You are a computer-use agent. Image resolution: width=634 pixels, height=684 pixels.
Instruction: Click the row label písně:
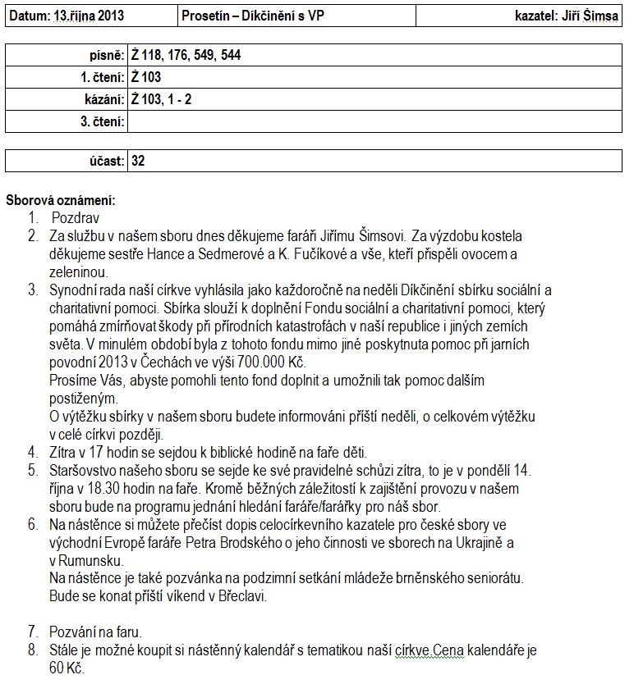point(106,56)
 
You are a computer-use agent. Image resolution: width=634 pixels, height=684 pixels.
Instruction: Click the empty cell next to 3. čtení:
point(374,122)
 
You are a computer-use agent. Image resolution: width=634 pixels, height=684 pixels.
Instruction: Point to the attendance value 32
point(138,161)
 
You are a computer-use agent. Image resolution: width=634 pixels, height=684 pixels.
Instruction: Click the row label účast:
point(107,161)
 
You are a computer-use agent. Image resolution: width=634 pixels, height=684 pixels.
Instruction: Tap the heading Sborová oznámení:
point(61,200)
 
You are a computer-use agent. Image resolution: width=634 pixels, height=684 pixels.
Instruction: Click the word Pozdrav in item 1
point(76,218)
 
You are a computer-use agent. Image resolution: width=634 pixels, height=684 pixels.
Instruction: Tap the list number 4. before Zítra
point(32,452)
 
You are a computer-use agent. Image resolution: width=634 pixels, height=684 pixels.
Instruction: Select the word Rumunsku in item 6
point(94,560)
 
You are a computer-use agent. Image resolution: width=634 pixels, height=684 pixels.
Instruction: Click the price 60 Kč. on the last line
point(67,668)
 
